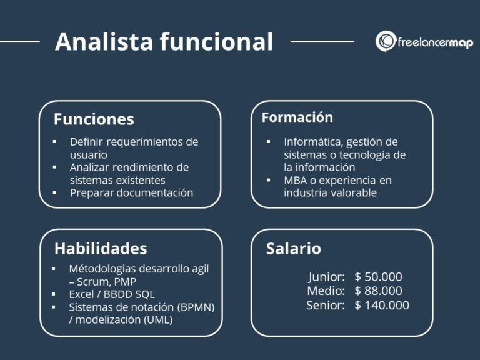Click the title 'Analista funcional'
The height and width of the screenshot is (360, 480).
[x=164, y=42]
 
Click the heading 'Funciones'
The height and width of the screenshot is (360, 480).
[x=94, y=119]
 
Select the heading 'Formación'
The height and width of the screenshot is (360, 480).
[x=297, y=117]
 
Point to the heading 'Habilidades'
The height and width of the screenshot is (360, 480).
[x=101, y=248]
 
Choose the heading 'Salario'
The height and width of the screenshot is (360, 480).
[x=294, y=249]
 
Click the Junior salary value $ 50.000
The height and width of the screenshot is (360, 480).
[x=378, y=277]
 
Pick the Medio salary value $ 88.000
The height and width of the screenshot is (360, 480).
[x=378, y=291]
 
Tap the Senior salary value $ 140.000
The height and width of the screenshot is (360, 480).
[x=381, y=305]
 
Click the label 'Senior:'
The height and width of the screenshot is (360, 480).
[x=326, y=305]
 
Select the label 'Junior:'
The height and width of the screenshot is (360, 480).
[x=326, y=277]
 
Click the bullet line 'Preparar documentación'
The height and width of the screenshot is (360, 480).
[x=131, y=192]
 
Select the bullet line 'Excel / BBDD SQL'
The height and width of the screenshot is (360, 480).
[x=112, y=294]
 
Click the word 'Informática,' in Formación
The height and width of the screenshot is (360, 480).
[x=311, y=141]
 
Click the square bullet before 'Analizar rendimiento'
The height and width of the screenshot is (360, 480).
[x=55, y=167]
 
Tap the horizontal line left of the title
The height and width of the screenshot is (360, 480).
[x=20, y=42]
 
